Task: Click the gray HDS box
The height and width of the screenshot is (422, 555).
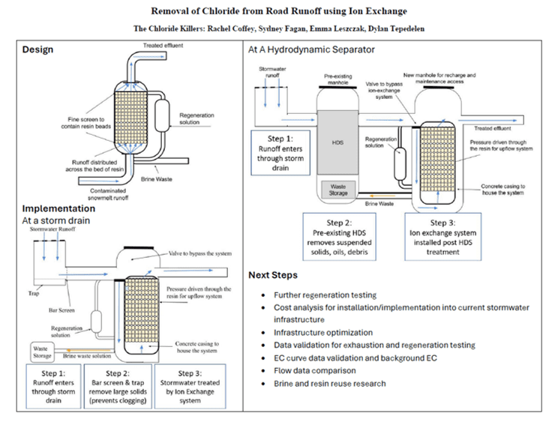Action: (337, 142)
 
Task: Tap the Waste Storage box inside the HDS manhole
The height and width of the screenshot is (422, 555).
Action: (338, 190)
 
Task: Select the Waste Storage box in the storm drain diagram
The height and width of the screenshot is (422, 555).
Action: (43, 352)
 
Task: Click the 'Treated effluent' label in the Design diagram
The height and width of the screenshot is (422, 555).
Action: (163, 45)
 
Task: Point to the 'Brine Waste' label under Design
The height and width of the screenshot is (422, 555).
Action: (157, 179)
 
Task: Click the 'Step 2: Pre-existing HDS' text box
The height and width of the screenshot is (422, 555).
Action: (339, 237)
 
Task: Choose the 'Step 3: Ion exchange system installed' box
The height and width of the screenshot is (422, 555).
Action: (442, 237)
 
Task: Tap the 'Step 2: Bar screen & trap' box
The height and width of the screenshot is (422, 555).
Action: (118, 386)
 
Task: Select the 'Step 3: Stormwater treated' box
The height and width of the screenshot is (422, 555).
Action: (190, 386)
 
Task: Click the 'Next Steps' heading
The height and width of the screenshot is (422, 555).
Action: (273, 275)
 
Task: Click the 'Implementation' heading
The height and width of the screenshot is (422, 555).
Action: (58, 208)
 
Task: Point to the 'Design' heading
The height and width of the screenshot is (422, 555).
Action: (37, 49)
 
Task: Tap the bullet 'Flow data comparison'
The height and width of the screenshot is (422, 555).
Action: (315, 371)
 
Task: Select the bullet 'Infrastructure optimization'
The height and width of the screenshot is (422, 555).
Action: (323, 333)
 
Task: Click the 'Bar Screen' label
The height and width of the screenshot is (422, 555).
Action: (61, 310)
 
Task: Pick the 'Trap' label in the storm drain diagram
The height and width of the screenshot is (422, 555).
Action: (34, 293)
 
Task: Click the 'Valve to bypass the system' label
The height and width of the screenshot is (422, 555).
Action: (200, 253)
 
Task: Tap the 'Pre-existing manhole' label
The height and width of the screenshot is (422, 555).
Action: (338, 79)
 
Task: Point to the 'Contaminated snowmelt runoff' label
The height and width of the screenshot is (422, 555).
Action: (108, 194)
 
